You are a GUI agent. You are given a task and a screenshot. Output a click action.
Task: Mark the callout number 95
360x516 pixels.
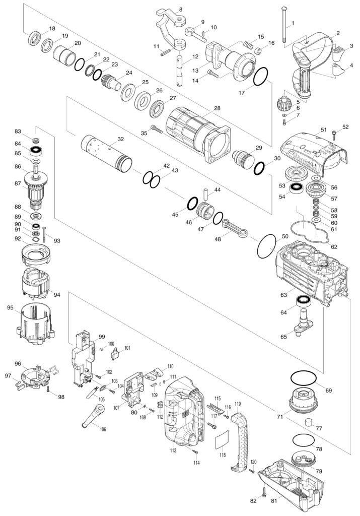(x=10, y=307)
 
